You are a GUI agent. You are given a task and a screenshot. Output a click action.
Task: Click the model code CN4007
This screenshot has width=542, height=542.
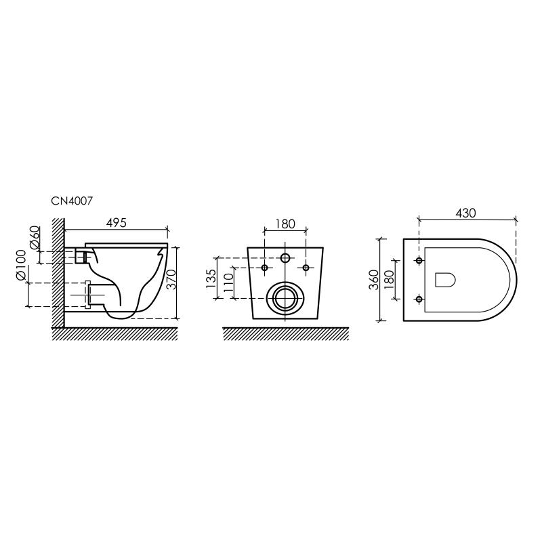[x=72, y=201]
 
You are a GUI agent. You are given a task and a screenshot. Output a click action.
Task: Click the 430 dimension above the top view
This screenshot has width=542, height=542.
[x=466, y=213]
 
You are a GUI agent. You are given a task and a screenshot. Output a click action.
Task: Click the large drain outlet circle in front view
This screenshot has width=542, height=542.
[x=285, y=297]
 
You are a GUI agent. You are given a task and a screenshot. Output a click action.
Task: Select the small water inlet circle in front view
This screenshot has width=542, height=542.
[x=285, y=258]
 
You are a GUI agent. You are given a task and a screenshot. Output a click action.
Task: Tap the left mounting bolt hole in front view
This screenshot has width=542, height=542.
[x=265, y=268]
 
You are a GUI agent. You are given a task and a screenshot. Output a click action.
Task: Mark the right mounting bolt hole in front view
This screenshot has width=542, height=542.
[x=306, y=268]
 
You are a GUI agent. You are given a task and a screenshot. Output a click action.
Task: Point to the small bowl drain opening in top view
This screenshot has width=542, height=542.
[x=444, y=279]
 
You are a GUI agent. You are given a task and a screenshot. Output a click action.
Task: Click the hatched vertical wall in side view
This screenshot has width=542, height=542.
[x=58, y=271]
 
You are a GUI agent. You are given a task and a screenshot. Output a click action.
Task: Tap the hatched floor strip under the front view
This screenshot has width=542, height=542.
[x=285, y=333]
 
